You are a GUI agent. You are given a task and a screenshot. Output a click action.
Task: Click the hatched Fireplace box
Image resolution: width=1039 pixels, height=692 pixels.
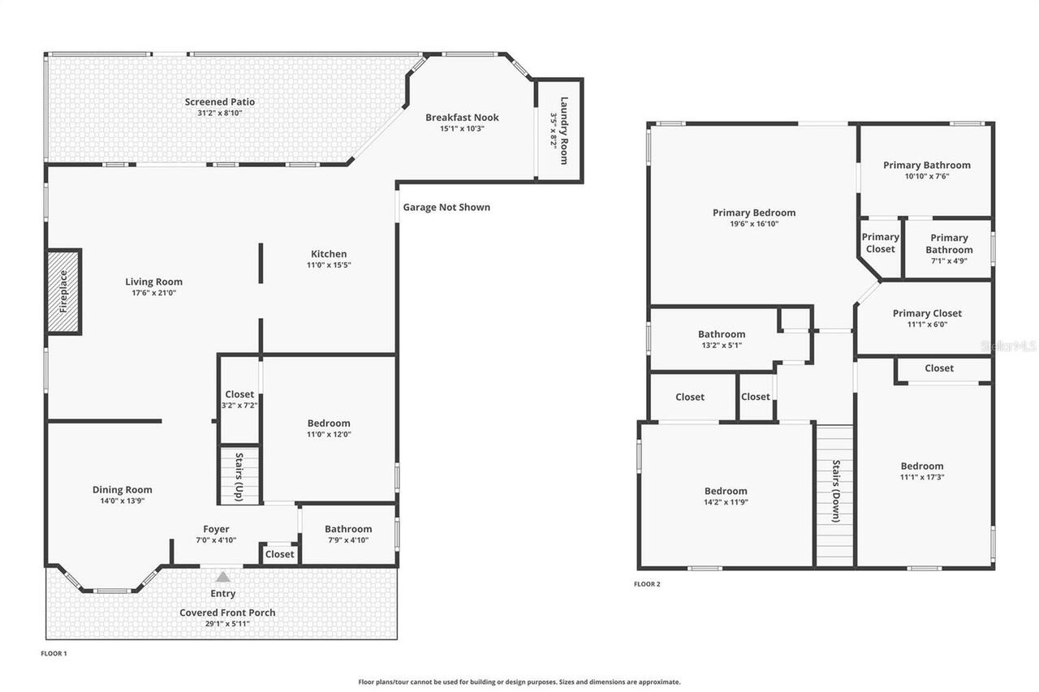[x=63, y=291]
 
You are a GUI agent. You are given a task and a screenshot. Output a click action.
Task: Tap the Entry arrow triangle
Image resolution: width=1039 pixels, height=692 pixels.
[x=223, y=577]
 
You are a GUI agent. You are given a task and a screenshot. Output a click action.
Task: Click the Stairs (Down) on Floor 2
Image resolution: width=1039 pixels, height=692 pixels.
[x=834, y=495]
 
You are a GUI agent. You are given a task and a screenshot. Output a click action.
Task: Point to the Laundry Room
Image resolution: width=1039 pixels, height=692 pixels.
[x=559, y=130]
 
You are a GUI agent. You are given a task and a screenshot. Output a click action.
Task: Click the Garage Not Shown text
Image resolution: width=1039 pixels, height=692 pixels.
[x=446, y=207]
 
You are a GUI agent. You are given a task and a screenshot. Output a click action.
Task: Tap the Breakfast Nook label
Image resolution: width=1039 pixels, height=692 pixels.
[x=462, y=118]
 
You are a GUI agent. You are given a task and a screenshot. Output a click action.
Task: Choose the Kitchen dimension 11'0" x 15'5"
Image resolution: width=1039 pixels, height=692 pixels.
[x=329, y=264]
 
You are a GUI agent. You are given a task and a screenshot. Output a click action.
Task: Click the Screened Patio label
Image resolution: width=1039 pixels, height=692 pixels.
[x=219, y=102]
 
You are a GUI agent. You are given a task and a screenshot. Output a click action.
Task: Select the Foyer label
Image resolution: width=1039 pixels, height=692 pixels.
[x=216, y=529]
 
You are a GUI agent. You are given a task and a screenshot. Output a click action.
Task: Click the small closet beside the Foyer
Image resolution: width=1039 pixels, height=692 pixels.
[x=279, y=554]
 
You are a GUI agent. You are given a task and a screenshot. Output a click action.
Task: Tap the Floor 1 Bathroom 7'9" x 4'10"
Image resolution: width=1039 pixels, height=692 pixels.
[x=348, y=534]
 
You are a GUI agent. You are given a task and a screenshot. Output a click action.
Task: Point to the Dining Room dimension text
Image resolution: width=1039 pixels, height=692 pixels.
[x=122, y=501]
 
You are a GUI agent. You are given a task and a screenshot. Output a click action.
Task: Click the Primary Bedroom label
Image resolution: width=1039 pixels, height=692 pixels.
[x=754, y=213]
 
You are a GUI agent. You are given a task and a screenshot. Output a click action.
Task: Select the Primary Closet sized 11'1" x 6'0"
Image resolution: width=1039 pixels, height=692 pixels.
[x=927, y=318]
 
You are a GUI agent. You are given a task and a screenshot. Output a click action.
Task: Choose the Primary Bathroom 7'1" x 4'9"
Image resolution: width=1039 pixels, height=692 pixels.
[x=949, y=249]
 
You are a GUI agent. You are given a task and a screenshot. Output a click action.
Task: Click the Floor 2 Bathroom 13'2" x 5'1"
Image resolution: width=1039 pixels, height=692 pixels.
[x=722, y=339]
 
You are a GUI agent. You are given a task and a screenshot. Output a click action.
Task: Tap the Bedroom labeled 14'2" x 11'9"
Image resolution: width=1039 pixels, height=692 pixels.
[x=726, y=496]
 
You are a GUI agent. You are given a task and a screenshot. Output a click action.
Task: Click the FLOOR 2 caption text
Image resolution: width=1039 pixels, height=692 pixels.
[x=647, y=584]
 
